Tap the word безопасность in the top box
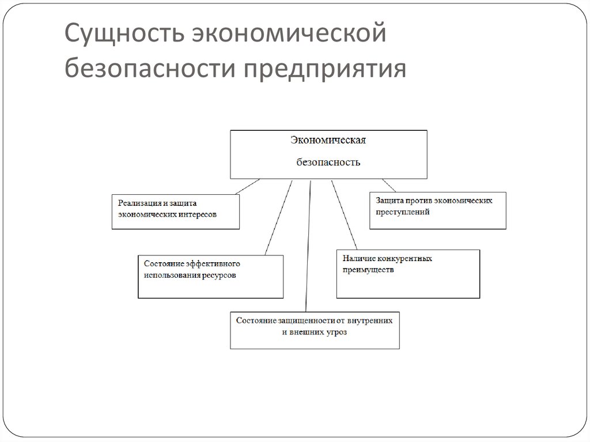[x=328, y=162]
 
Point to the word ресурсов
[x=219, y=275]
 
